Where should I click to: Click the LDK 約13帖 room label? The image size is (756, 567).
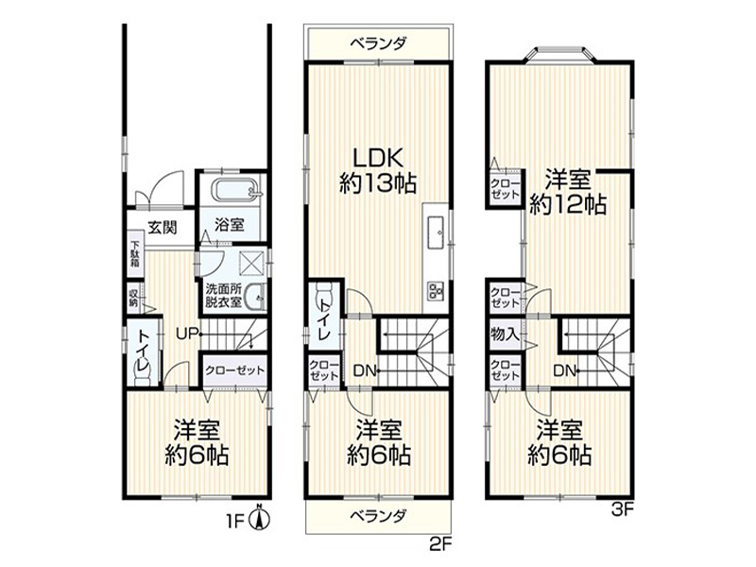378,170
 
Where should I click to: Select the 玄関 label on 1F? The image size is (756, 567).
163,227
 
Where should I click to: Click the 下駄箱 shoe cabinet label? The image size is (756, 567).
135,254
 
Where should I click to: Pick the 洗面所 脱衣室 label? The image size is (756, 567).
223,296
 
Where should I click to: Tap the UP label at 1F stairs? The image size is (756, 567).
186,334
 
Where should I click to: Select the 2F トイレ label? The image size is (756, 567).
324,319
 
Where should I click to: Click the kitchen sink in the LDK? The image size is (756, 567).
436,232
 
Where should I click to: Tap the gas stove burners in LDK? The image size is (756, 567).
436,291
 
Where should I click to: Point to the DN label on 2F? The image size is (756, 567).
365,370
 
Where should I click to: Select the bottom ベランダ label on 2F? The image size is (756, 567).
379,516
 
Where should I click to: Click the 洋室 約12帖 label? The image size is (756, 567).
568,192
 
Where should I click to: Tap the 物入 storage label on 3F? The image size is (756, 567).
505,334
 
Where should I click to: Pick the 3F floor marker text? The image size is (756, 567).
622,509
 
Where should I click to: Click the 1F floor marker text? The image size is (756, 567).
236,522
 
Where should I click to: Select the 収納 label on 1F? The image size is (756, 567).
133,299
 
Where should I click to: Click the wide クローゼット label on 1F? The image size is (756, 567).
234,370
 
